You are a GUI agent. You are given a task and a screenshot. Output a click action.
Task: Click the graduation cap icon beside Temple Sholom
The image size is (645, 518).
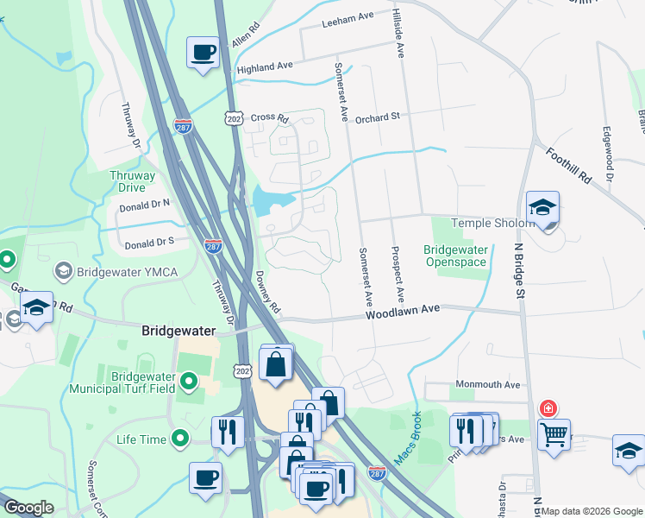tap(542, 208)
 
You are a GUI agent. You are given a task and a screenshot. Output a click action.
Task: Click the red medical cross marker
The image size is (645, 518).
tap(547, 408)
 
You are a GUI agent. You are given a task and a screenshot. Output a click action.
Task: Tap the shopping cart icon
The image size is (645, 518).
tap(554, 433)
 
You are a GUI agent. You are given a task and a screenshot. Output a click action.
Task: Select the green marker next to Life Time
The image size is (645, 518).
tap(180, 439)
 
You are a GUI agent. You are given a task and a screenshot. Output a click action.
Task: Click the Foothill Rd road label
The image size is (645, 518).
tap(568, 165)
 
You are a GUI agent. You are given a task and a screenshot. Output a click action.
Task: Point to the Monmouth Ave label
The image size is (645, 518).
tap(485, 385)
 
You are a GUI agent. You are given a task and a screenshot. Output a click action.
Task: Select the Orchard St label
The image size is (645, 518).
tap(378, 117)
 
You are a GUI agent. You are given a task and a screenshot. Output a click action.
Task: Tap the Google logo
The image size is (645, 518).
tap(28, 508)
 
